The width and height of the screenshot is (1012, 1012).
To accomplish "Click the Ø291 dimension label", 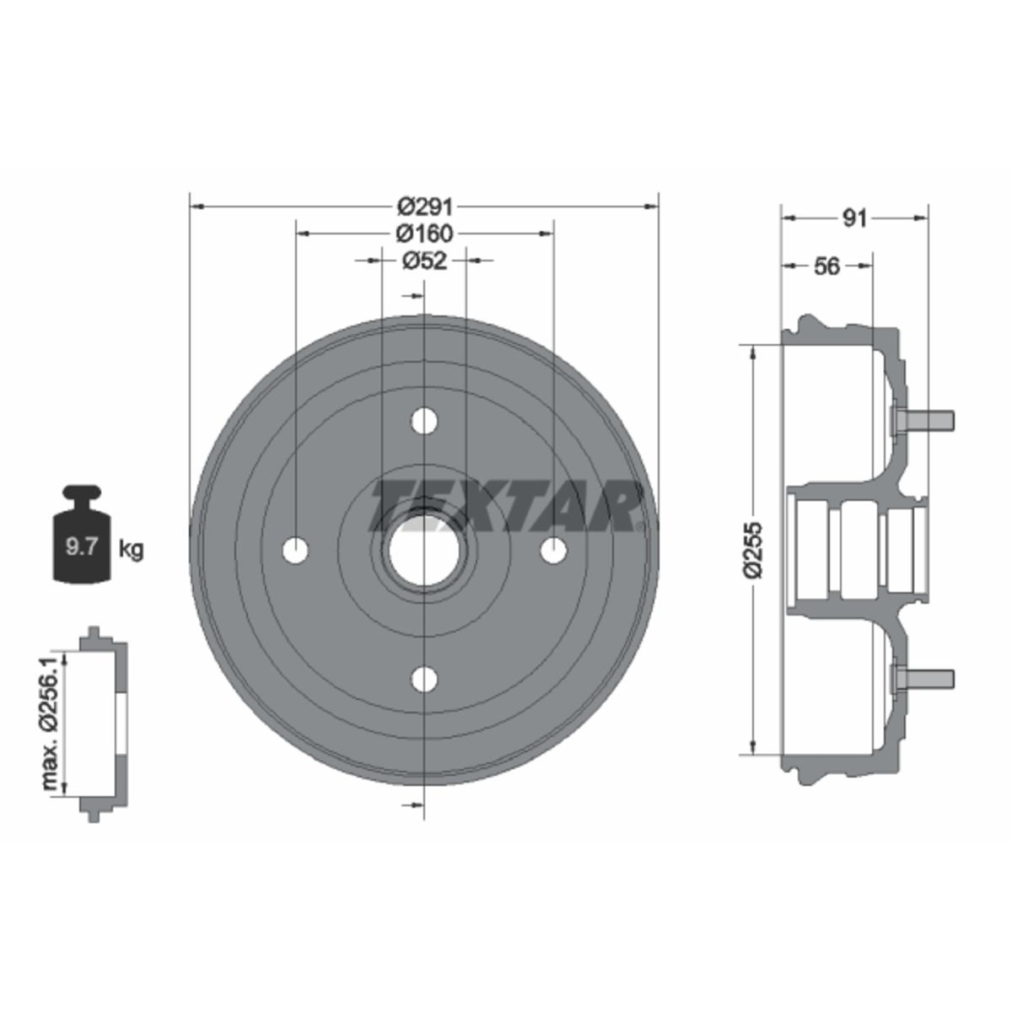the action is coord(424,207).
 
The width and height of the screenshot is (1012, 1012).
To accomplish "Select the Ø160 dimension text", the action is coord(424,233).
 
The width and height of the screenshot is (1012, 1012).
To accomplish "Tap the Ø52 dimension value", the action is coord(424,260).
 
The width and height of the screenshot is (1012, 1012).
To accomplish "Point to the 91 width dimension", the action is coord(854,218).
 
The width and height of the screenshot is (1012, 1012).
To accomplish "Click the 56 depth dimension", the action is coord(827,266).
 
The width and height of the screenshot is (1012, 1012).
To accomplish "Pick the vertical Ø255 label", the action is coord(754,550).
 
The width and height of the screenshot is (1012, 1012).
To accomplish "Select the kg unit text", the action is coord(131,550).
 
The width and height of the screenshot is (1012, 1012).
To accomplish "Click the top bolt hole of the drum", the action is coord(424,421).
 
